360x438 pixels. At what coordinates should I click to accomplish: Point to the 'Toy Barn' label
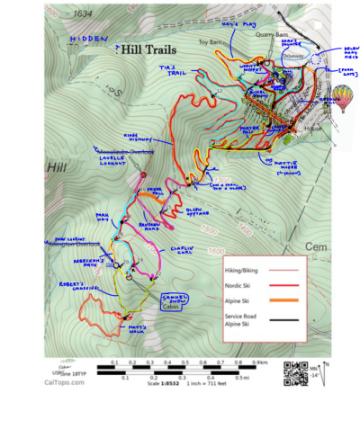click(211, 41)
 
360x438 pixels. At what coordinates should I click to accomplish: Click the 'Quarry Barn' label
click(271, 37)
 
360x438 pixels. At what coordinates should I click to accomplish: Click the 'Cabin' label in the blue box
click(171, 307)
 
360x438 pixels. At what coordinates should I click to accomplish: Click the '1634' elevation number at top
click(83, 14)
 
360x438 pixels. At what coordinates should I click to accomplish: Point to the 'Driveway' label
click(296, 54)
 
